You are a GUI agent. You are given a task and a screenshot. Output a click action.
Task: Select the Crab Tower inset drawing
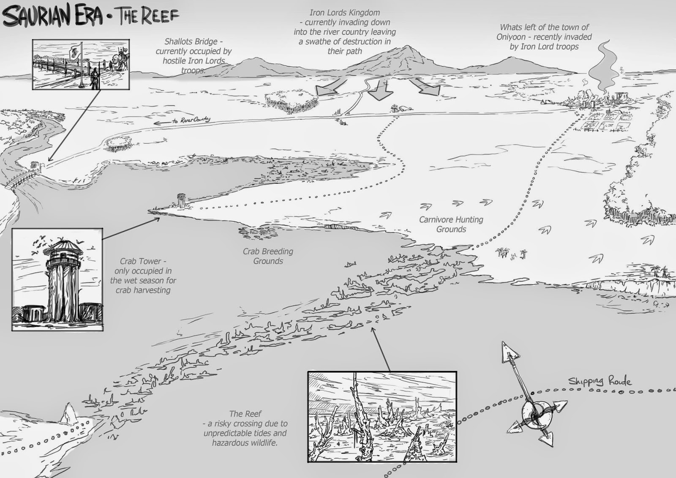57,279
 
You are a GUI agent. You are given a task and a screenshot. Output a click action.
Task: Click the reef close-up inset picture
382,416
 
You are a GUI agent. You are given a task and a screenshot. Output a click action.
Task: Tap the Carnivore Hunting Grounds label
451,224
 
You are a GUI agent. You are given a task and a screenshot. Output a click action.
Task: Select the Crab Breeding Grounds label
268,256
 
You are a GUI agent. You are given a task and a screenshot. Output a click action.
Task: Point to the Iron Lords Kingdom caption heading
344,13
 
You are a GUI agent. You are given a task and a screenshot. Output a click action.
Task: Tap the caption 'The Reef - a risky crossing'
245,428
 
